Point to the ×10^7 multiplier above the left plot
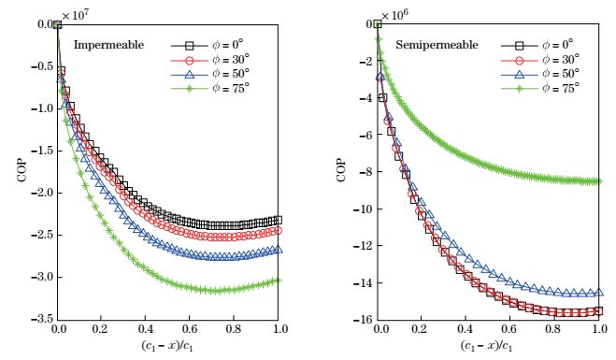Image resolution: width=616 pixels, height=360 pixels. [75, 14]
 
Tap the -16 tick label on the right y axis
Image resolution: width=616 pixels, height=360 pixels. [360, 320]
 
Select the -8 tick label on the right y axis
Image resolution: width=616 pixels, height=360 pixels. [364, 172]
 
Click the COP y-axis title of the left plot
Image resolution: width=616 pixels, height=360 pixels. [20, 172]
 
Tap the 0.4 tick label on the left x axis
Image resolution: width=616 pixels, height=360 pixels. [147, 331]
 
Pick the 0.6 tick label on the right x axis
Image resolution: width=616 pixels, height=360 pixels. [510, 331]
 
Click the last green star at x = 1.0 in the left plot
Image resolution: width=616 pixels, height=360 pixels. [279, 280]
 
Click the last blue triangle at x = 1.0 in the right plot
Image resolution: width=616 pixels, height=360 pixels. [597, 293]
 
